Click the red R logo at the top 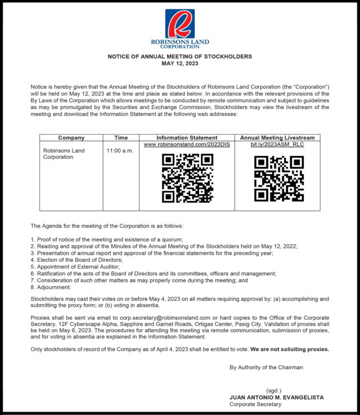pyautogui.click(x=179, y=24)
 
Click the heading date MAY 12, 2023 pyautogui.click(x=180, y=64)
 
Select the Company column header pyautogui.click(x=71, y=137)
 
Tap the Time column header pyautogui.click(x=121, y=137)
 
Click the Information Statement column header pyautogui.click(x=187, y=137)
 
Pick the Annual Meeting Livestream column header pyautogui.click(x=277, y=137)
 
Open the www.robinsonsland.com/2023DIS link pyautogui.click(x=187, y=145)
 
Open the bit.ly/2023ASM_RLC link pyautogui.click(x=277, y=145)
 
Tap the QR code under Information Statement pyautogui.click(x=187, y=178)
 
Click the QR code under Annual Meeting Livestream pyautogui.click(x=278, y=178)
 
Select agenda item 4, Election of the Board pyautogui.click(x=76, y=260)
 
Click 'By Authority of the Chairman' pyautogui.click(x=266, y=368)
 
